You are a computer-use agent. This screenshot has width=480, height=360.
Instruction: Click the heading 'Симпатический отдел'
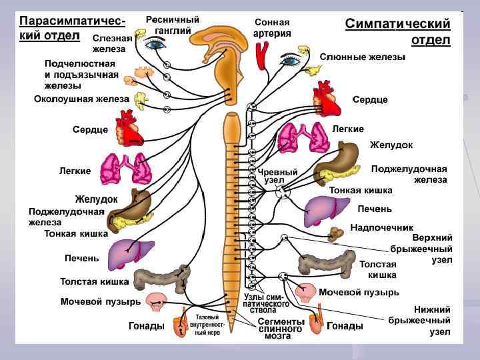tap(397, 31)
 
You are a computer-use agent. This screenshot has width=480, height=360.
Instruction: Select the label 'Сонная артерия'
tap(273, 27)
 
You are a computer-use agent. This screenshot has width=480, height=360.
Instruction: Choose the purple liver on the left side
tap(131, 254)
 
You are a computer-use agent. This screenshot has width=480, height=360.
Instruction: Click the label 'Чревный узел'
tap(273, 176)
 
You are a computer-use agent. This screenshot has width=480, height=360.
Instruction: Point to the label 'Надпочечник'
tap(381, 227)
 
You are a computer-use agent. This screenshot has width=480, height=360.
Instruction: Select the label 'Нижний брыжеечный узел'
tap(431, 320)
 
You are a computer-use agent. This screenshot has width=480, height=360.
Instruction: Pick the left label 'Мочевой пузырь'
tap(101, 301)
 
